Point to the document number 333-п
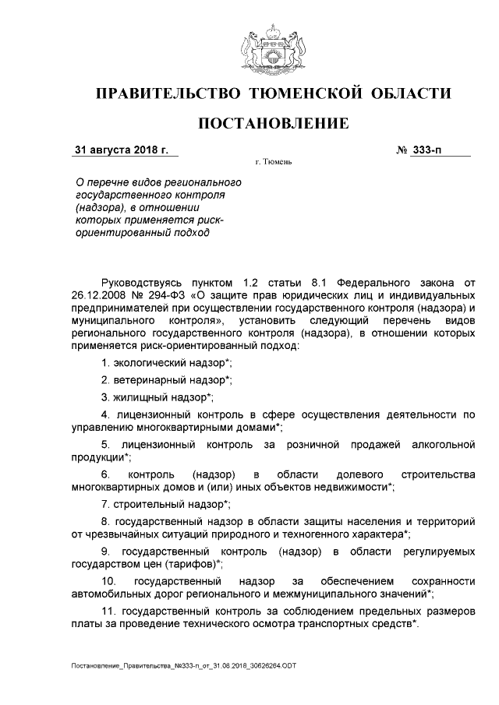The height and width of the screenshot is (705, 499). click(425, 150)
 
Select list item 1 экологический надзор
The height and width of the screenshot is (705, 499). click(166, 363)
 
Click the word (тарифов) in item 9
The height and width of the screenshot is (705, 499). click(190, 564)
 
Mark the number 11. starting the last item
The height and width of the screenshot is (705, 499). click(108, 611)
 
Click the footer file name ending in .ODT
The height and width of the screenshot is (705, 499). click(184, 667)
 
